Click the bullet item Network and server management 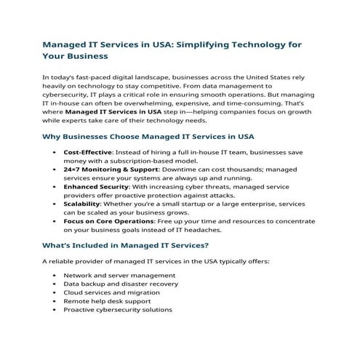coord(119,276)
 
